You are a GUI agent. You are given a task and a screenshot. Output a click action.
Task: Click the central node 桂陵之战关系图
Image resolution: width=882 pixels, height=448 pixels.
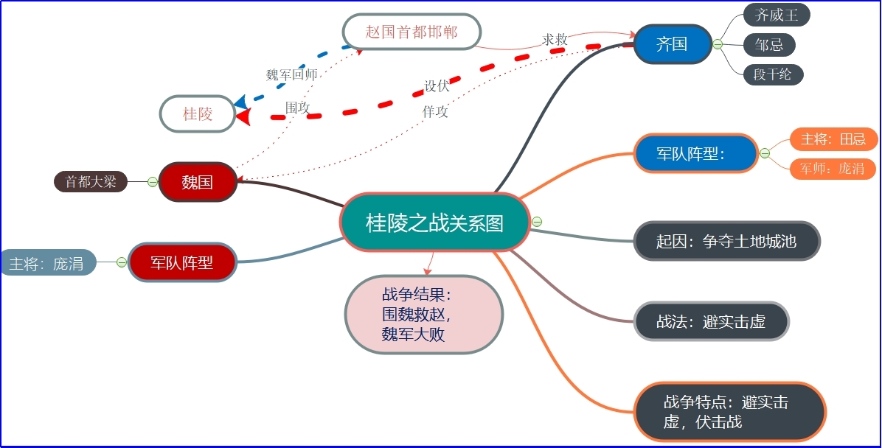pos(434,223)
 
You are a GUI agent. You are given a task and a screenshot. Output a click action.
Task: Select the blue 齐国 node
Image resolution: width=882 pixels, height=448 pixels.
pos(672,44)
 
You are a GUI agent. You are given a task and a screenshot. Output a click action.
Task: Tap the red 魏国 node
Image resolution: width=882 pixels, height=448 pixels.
pos(197,182)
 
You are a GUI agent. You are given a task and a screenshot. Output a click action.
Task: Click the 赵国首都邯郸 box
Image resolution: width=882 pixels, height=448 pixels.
pos(412,32)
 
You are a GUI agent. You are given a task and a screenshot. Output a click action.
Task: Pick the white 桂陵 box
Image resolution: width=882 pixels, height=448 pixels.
pos(198,114)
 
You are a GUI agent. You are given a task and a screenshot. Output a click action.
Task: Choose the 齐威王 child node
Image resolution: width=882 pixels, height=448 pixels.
pos(777,15)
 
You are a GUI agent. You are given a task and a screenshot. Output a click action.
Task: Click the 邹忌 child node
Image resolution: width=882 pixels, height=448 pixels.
pos(769,45)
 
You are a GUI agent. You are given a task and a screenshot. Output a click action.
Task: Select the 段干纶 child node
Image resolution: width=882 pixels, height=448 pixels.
pos(772,74)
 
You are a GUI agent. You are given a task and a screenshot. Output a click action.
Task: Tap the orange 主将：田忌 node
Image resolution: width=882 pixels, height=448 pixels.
pos(833,139)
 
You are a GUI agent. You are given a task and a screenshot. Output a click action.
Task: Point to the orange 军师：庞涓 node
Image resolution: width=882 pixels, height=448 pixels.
pos(833,169)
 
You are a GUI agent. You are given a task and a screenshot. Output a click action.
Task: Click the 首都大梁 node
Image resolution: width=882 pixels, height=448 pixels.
pos(91,182)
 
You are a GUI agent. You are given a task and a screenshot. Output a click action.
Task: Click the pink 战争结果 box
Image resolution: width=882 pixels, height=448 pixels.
pos(423,315)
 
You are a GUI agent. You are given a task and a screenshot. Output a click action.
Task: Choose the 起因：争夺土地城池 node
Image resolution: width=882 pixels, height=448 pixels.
pos(726,241)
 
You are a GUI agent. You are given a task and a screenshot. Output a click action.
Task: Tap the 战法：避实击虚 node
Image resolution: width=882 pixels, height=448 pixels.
pos(711,322)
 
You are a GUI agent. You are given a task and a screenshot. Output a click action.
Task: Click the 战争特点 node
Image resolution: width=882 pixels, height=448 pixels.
pos(729,412)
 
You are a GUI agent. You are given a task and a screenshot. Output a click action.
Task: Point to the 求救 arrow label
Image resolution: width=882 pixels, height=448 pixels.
pos(555,39)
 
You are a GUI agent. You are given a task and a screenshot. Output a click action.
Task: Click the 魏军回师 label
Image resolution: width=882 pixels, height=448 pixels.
pos(291,75)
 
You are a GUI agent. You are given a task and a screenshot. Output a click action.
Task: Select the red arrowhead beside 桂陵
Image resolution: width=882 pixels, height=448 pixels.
pos(243,116)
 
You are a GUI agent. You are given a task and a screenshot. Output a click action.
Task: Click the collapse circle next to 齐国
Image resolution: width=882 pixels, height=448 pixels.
pos(718,44)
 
